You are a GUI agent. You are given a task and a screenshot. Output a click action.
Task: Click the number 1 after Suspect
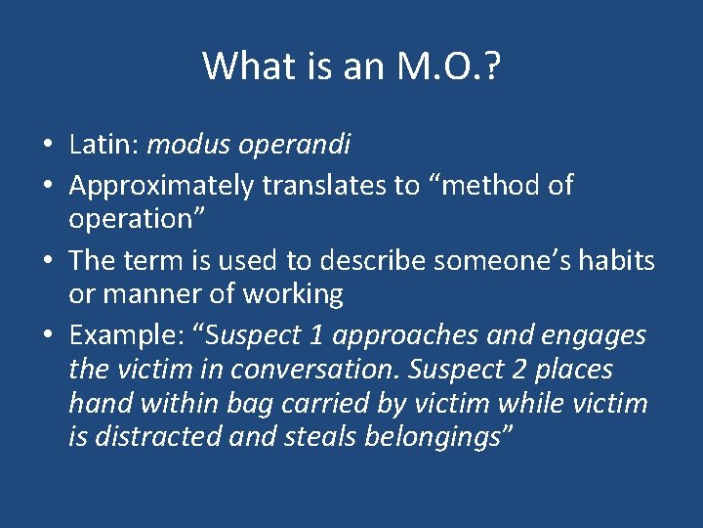(x=315, y=336)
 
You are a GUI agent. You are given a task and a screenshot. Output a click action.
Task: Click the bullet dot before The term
(x=49, y=261)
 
